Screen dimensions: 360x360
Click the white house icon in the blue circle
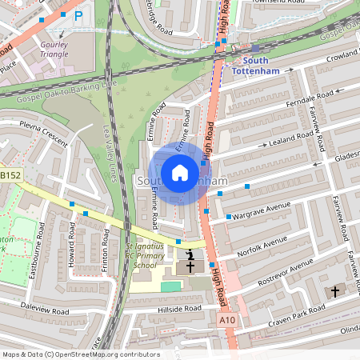180,172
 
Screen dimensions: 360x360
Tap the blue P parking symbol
78,15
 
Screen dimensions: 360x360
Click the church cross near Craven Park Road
335,292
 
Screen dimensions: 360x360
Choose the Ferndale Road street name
286,103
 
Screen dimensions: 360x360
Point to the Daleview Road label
47,306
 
